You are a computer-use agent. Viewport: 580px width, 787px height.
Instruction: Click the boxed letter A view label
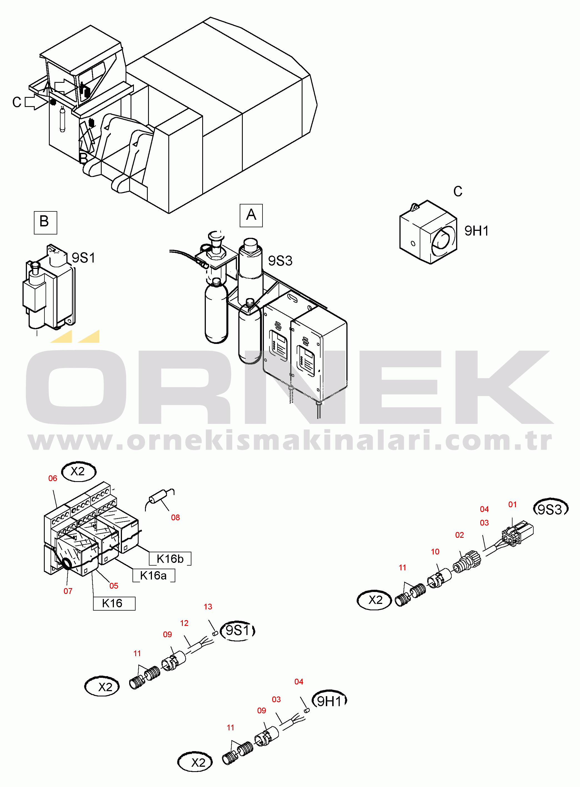pyautogui.click(x=251, y=215)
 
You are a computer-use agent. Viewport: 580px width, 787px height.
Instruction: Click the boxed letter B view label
pyautogui.click(x=45, y=223)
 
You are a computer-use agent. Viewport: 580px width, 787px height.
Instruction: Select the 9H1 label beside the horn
pyautogui.click(x=476, y=231)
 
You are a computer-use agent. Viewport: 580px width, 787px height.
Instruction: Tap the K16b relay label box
pyautogui.click(x=170, y=558)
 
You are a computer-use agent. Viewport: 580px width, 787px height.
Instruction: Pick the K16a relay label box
pyautogui.click(x=153, y=575)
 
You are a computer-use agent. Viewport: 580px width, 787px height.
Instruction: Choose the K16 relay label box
pyautogui.click(x=114, y=603)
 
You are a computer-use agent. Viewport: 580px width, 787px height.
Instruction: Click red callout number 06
pyautogui.click(x=53, y=478)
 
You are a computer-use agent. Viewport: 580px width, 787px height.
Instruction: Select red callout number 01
pyautogui.click(x=512, y=504)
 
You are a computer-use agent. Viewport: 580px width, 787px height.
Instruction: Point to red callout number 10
pyautogui.click(x=435, y=551)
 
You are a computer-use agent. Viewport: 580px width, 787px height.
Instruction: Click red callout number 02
pyautogui.click(x=459, y=534)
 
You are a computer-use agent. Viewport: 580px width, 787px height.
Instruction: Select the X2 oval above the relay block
pyautogui.click(x=79, y=471)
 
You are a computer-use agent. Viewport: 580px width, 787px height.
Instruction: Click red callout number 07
pyautogui.click(x=68, y=591)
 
